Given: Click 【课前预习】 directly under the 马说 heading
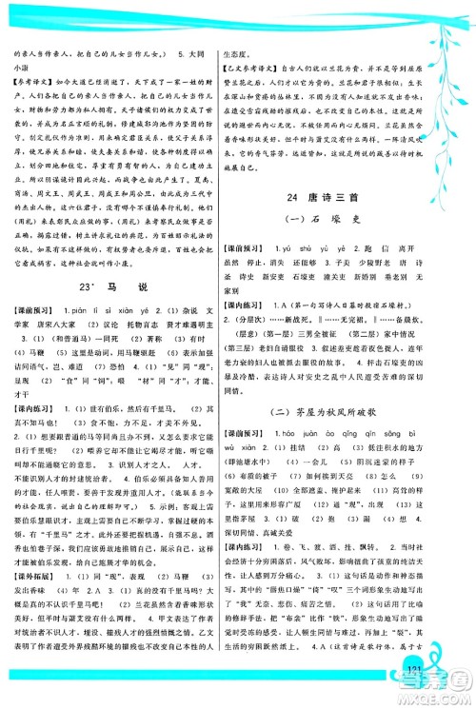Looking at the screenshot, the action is pyautogui.click(x=30, y=310).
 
